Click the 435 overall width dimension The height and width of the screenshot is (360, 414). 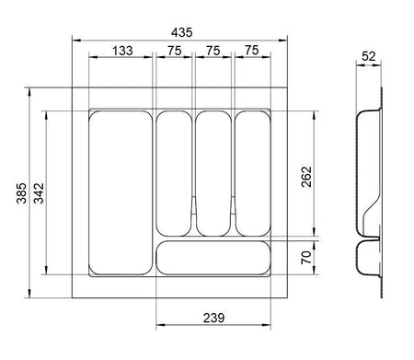pyautogui.click(x=182, y=32)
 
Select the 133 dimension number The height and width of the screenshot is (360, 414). pyautogui.click(x=122, y=51)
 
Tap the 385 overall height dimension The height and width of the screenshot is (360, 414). pyautogui.click(x=21, y=193)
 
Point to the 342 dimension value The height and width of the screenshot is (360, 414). pyautogui.click(x=39, y=193)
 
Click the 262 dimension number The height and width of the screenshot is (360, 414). pyautogui.click(x=306, y=177)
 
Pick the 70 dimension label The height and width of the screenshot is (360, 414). pyautogui.click(x=306, y=257)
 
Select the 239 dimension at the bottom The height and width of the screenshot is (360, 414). pyautogui.click(x=213, y=318)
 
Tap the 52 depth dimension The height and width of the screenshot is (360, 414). pyautogui.click(x=369, y=56)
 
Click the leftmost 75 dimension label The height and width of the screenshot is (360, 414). pyautogui.click(x=175, y=51)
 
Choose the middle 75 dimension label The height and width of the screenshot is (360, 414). pyautogui.click(x=213, y=51)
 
